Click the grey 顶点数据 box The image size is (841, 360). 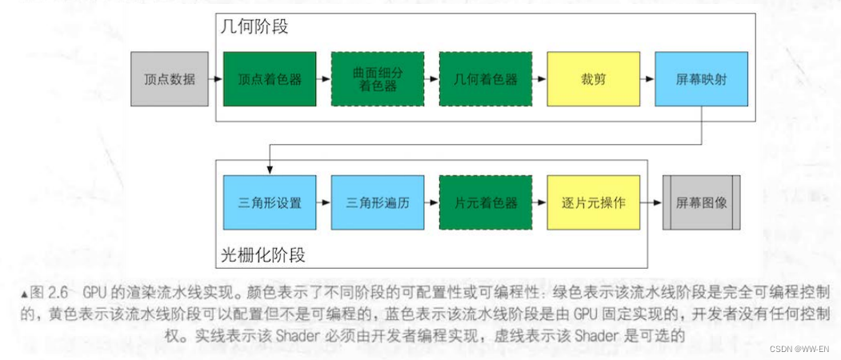point(166,79)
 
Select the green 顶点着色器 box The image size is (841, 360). point(270,79)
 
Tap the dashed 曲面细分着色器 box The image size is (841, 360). point(378,79)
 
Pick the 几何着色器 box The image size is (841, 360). point(486,79)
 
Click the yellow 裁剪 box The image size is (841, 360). point(593,79)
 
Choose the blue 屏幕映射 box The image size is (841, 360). point(701,79)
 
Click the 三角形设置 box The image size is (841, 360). point(270,202)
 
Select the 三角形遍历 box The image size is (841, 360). point(378,202)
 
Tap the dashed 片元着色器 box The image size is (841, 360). point(486,202)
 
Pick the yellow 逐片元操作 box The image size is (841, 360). point(593,202)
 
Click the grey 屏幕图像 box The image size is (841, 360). point(702,202)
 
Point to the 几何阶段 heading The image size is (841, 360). point(254,27)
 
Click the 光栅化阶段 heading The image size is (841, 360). point(263,255)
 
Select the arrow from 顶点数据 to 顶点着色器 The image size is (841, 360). point(212,79)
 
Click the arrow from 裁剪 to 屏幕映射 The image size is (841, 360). point(647,79)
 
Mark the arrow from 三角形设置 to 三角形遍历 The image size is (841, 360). point(323,202)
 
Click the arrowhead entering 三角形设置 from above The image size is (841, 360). point(270,170)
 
